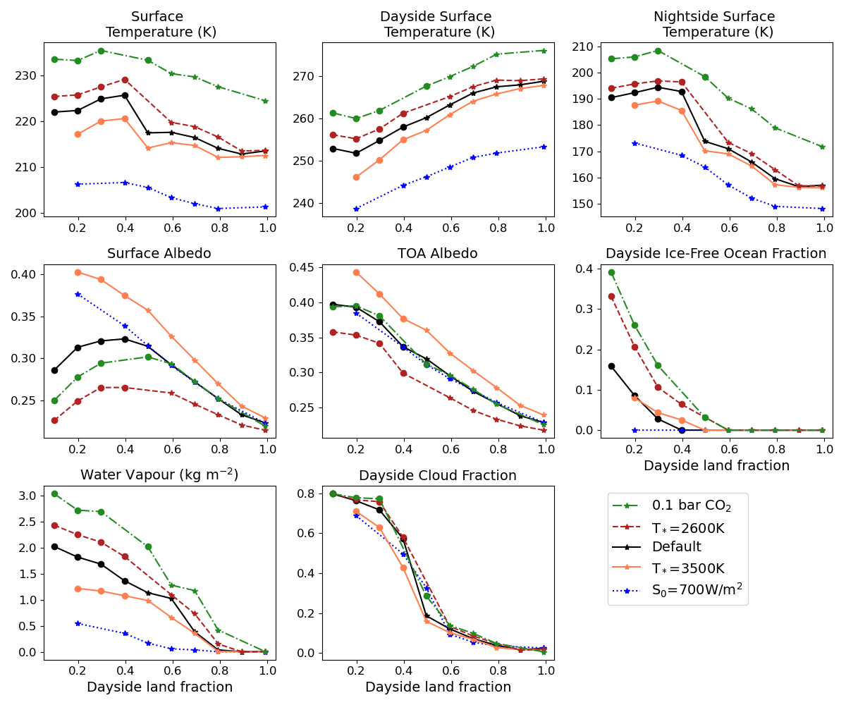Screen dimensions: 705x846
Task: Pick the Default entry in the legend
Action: [676, 547]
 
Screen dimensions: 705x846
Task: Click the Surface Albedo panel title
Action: [159, 253]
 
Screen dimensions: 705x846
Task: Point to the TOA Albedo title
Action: [438, 253]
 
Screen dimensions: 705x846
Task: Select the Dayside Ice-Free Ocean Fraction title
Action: [716, 253]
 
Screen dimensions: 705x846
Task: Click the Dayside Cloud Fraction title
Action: [438, 475]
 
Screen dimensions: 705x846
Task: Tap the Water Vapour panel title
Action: [159, 475]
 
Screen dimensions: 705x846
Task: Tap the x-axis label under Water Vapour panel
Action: [159, 687]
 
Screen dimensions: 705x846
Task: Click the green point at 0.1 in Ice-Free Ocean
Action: [611, 273]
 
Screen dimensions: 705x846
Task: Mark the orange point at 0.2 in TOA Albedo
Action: [356, 272]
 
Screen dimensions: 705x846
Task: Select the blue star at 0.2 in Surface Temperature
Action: [78, 184]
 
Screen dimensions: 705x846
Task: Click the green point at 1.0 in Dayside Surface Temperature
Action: [544, 51]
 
